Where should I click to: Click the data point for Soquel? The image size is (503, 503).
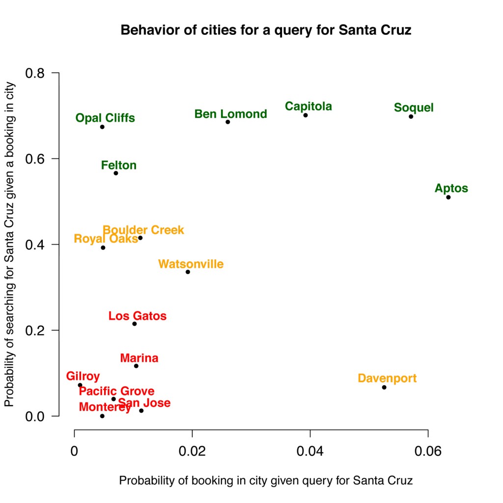(x=411, y=116)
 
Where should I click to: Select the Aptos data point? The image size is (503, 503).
(x=448, y=197)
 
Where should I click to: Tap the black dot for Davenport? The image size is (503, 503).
(x=384, y=387)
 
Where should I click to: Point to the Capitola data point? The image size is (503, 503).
(x=305, y=115)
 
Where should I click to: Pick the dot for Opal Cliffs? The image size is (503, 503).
(x=102, y=127)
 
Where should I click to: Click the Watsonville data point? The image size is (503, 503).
(x=188, y=272)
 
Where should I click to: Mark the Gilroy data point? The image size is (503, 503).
(x=80, y=385)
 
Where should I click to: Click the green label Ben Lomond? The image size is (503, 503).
(x=230, y=114)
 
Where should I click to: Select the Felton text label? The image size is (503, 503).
(x=119, y=165)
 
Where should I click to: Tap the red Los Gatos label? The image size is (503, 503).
(x=138, y=316)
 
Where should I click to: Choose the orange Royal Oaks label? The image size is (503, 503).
(x=106, y=239)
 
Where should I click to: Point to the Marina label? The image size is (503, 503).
(x=139, y=358)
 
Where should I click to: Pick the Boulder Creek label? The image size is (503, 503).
(x=143, y=229)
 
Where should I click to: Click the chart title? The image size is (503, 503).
(x=266, y=30)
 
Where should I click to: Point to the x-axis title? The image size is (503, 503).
(x=266, y=480)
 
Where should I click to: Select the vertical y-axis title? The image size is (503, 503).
(x=10, y=244)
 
